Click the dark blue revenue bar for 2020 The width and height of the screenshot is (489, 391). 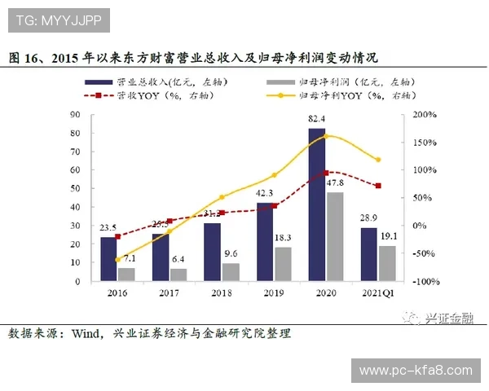pyautogui.click(x=317, y=204)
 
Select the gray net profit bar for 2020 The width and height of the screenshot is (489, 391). pyautogui.click(x=335, y=236)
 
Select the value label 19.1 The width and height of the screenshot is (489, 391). pyautogui.click(x=388, y=235)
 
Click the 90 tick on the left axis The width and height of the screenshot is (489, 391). pyautogui.click(x=76, y=115)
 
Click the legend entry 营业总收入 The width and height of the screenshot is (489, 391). pyautogui.click(x=139, y=81)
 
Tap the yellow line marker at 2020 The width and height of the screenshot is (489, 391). pyautogui.click(x=326, y=136)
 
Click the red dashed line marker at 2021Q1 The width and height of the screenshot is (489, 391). pyautogui.click(x=378, y=186)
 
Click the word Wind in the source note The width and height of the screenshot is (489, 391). pyautogui.click(x=86, y=333)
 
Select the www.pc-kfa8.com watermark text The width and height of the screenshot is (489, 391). pyautogui.click(x=416, y=371)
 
